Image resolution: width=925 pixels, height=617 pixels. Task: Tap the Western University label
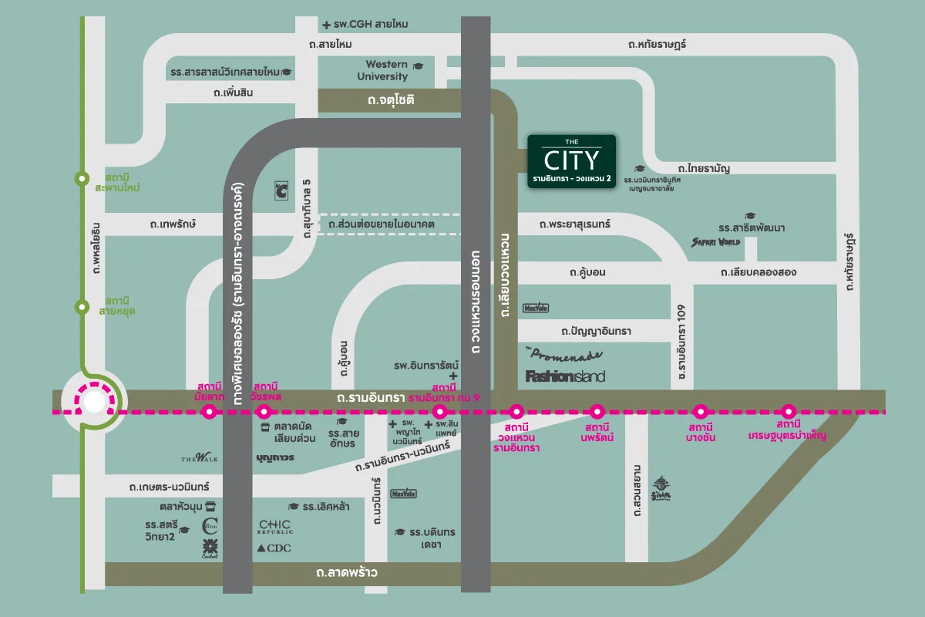pyautogui.click(x=387, y=70)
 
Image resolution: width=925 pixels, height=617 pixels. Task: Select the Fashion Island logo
pyautogui.click(x=565, y=376)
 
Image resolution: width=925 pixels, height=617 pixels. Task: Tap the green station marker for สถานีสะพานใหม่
pyautogui.click(x=82, y=179)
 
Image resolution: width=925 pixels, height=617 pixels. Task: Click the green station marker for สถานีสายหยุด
pyautogui.click(x=82, y=307)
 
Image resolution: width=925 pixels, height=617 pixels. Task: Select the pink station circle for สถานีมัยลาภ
pyautogui.click(x=208, y=412)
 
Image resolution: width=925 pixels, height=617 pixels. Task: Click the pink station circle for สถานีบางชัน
pyautogui.click(x=700, y=412)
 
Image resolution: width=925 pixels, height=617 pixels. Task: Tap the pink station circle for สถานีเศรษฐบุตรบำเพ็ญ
pyautogui.click(x=788, y=412)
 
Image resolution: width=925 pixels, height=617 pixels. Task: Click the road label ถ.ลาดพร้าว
pyautogui.click(x=346, y=573)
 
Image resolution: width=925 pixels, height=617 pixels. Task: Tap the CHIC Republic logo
pyautogui.click(x=275, y=528)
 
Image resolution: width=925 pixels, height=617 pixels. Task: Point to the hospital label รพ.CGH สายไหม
pyautogui.click(x=365, y=25)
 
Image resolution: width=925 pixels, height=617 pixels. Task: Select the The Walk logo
pyautogui.click(x=200, y=458)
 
